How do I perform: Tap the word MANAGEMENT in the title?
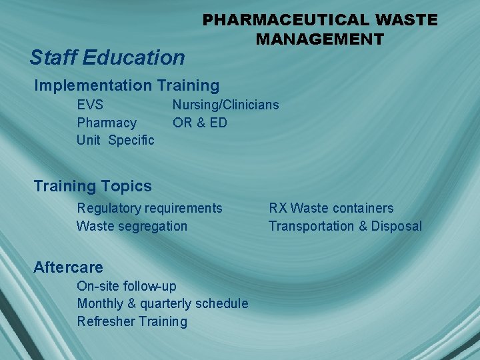tap(320, 39)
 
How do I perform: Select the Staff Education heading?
tap(107, 57)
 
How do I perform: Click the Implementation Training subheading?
tap(127, 85)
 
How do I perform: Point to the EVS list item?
tap(90, 105)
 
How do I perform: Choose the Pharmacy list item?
tap(107, 123)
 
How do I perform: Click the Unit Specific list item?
tap(115, 140)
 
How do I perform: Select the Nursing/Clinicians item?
tap(225, 105)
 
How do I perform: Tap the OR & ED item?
tap(200, 123)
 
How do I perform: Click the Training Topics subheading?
tap(93, 186)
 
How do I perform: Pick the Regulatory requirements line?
tap(149, 208)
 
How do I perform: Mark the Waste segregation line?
tap(132, 226)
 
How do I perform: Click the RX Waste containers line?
tap(331, 208)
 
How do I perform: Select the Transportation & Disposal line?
tap(345, 226)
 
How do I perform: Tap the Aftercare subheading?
tap(68, 267)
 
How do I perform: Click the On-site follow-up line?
tap(127, 286)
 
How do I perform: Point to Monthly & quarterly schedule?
tap(163, 304)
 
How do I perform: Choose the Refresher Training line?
tap(132, 321)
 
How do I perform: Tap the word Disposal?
tap(397, 226)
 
